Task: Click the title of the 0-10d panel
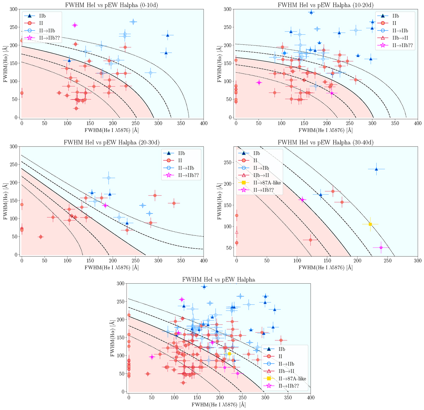point(112,5)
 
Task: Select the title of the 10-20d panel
point(325,5)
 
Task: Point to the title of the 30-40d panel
point(325,142)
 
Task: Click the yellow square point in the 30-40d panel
point(370,224)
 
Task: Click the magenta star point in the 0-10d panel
point(75,25)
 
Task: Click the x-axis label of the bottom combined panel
point(219,405)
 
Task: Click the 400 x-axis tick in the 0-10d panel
point(204,123)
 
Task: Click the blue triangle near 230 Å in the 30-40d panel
point(376,169)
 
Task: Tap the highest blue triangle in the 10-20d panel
point(311,12)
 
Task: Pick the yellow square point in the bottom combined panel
point(229,354)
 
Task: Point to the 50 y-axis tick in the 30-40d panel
point(229,248)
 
